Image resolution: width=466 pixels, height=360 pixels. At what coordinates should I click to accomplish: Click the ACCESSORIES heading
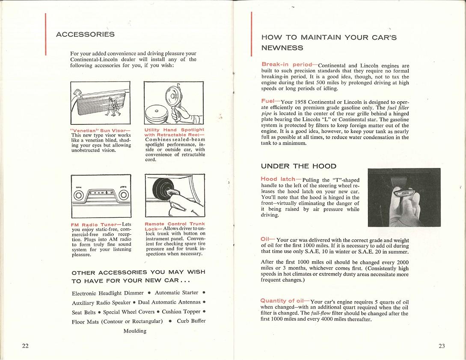coord(85,34)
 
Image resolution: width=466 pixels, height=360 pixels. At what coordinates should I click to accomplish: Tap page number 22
coord(25,346)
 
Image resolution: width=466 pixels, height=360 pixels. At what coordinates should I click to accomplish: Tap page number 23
coord(442,346)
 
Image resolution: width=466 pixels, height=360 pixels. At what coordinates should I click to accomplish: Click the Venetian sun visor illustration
coord(101,103)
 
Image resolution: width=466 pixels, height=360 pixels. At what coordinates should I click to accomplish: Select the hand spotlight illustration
coord(175,103)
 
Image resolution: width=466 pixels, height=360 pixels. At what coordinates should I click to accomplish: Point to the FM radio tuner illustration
coord(101,196)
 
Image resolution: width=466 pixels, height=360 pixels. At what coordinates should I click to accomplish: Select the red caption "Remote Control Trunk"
coord(175,224)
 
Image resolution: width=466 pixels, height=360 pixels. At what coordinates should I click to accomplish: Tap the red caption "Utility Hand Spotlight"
coord(174,130)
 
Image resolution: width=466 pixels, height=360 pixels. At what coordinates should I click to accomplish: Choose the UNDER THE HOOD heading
coord(299,166)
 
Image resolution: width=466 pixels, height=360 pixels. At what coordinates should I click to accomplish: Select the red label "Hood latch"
coord(278,179)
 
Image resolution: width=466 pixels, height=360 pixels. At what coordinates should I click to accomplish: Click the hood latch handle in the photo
coord(403,194)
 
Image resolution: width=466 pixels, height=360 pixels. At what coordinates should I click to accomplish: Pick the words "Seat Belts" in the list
coord(84,312)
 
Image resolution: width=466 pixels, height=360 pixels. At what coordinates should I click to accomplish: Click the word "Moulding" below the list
coord(135,331)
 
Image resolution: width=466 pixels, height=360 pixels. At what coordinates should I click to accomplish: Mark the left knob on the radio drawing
coord(79,195)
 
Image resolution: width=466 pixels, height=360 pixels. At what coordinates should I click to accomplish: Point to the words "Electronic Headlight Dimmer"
coord(108,293)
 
